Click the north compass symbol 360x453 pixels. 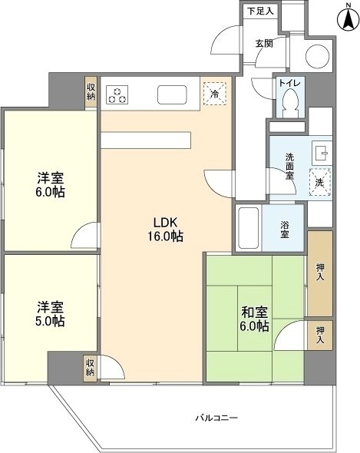[x=348, y=18]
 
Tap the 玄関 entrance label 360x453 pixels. [x=264, y=43]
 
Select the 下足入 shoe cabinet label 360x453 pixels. [x=261, y=12]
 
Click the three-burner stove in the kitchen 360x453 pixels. [x=117, y=95]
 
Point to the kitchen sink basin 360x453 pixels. [x=172, y=94]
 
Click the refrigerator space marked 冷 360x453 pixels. [x=215, y=94]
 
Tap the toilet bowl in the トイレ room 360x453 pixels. [x=290, y=103]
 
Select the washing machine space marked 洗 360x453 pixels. [x=320, y=182]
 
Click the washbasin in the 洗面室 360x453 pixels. [x=321, y=153]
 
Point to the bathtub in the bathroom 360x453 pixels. [x=248, y=228]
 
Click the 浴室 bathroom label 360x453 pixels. [x=284, y=230]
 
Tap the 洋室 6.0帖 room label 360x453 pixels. [x=50, y=184]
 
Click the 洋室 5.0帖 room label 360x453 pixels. [x=50, y=314]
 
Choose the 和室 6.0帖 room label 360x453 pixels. [x=255, y=319]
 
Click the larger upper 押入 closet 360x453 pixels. [x=319, y=273]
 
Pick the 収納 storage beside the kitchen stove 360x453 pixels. [x=91, y=92]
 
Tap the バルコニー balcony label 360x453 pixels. [x=216, y=418]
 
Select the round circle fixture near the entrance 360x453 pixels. [x=318, y=56]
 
